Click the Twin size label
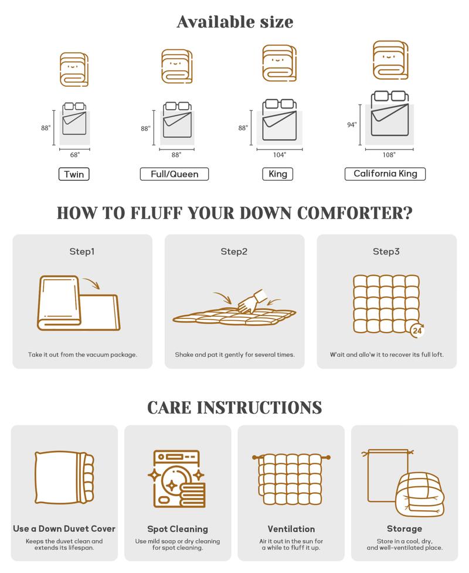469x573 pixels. click(74, 174)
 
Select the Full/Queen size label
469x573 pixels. click(174, 174)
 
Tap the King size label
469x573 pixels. click(278, 174)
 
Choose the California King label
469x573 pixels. click(385, 174)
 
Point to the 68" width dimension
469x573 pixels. click(74, 155)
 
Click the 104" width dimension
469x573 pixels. click(280, 155)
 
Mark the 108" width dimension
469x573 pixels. click(389, 155)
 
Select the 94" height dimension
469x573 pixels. click(352, 124)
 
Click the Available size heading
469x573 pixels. click(235, 22)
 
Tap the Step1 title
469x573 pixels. click(82, 252)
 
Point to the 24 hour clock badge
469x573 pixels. click(417, 331)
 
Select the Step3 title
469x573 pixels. click(386, 252)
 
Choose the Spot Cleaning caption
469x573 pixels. click(178, 529)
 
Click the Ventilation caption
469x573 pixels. click(291, 529)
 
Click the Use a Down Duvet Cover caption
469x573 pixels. click(64, 528)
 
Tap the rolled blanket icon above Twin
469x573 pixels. click(74, 69)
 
